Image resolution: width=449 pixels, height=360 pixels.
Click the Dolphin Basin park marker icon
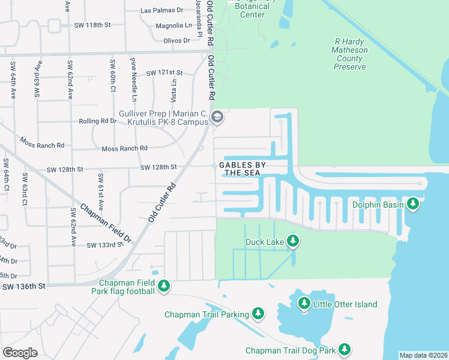412,205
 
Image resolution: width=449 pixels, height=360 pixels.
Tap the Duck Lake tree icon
292,242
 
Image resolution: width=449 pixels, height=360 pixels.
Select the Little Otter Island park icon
304,304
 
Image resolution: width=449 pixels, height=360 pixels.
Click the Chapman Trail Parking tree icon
258,314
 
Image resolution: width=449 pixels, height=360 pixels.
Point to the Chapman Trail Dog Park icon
344,350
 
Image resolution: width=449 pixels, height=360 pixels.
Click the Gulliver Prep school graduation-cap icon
217,118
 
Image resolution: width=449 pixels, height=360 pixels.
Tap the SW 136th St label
23,287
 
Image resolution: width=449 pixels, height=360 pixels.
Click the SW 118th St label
93,25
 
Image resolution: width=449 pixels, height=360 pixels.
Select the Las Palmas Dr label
161,10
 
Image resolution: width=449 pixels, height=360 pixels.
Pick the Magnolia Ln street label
173,26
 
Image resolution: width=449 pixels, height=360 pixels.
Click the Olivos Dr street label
176,40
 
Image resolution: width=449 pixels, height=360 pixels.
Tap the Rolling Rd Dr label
97,121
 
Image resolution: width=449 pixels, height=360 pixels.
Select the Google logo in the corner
20,352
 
